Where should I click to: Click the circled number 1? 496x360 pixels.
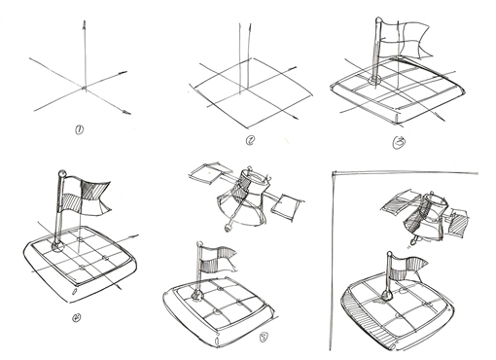click(80, 130)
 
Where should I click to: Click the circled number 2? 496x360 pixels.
click(250, 140)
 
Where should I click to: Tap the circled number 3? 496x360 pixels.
click(400, 142)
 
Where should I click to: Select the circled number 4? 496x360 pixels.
click(77, 317)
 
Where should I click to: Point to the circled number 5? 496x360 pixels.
click(264, 338)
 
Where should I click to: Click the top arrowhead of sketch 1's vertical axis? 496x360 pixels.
click(85, 24)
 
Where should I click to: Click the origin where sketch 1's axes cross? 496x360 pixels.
click(85, 88)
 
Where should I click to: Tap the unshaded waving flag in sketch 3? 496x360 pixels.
click(406, 39)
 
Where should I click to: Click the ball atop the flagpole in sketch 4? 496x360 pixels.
click(61, 173)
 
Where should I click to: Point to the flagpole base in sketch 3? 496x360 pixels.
click(375, 80)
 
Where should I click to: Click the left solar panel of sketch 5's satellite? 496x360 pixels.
click(206, 172)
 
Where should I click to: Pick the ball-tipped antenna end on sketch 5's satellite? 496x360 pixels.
click(228, 228)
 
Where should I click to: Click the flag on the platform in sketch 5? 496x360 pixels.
click(217, 259)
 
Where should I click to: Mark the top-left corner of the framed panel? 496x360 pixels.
click(334, 173)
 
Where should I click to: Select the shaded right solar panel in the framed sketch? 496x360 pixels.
click(458, 222)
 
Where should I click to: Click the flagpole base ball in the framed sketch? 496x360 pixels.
click(386, 296)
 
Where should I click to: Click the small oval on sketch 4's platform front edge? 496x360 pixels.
click(74, 291)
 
